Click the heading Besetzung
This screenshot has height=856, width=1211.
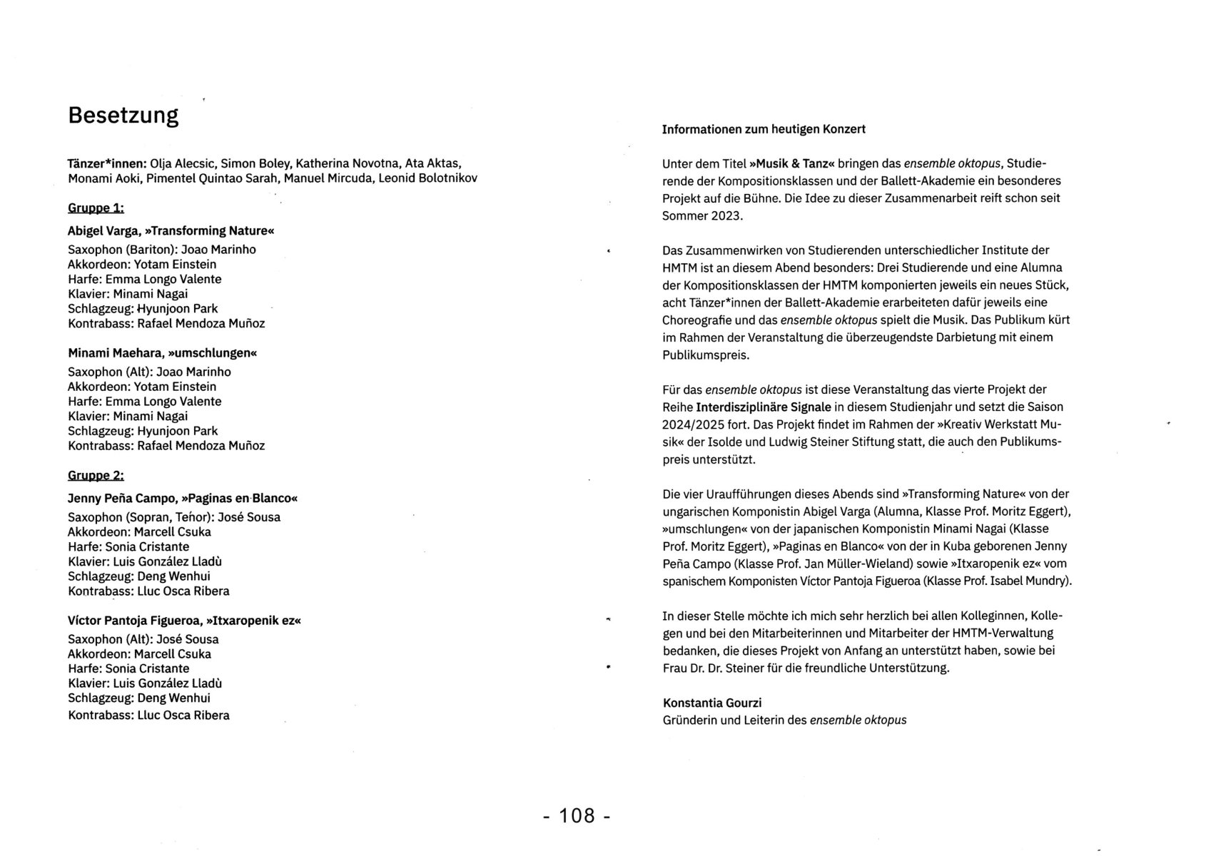point(123,116)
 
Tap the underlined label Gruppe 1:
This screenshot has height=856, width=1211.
point(96,208)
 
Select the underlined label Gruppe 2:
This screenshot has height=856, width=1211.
point(96,476)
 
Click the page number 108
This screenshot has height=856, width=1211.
point(577,815)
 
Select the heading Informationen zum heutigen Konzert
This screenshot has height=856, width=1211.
point(764,129)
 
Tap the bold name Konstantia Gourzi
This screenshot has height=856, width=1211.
point(712,703)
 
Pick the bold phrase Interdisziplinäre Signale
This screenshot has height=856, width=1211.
point(764,407)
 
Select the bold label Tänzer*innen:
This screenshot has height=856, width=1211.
point(107,163)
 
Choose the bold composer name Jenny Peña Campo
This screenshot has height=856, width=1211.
point(121,499)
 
